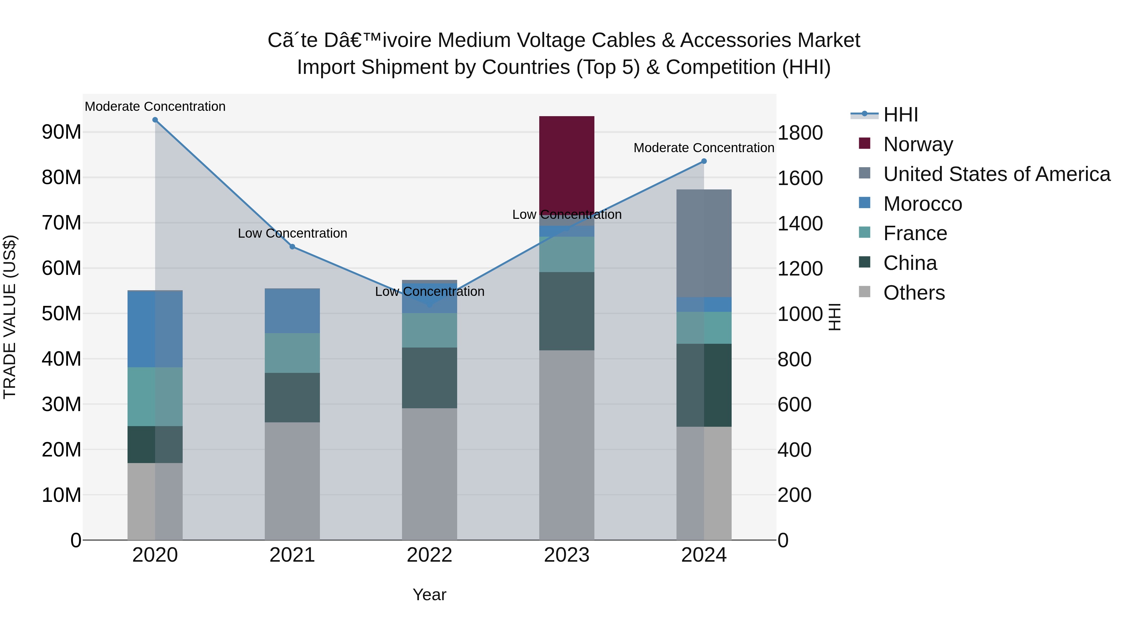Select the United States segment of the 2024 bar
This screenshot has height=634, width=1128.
coord(704,243)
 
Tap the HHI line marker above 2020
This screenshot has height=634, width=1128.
coord(155,120)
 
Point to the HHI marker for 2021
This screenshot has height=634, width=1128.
coord(293,247)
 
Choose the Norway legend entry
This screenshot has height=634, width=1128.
coord(918,144)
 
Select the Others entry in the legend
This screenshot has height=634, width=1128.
coord(914,293)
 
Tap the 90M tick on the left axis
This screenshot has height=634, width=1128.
coord(61,132)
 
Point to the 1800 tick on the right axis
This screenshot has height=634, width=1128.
coord(800,133)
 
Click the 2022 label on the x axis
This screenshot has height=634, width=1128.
coord(429,555)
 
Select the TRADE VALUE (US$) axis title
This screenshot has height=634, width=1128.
coord(10,317)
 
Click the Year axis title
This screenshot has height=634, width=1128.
coord(429,595)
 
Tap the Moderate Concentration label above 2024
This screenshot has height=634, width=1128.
coord(704,148)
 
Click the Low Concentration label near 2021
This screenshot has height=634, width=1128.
coord(293,233)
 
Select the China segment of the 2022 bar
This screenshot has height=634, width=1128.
coord(429,378)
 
